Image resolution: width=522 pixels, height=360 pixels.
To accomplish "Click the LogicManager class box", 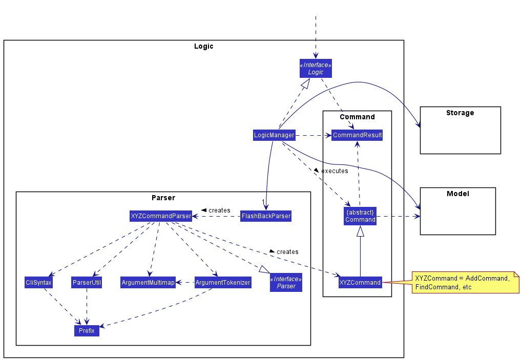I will click(x=274, y=135).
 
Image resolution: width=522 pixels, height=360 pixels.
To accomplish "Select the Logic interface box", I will click(x=316, y=69).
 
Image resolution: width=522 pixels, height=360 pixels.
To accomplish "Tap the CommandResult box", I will click(x=357, y=135).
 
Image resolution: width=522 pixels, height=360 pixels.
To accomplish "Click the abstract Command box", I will click(x=360, y=216).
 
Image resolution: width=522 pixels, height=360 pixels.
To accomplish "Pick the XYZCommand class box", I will click(x=360, y=282).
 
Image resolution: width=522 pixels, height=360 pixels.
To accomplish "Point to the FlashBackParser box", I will click(x=266, y=216).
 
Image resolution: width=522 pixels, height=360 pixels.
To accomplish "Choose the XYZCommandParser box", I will click(x=161, y=216).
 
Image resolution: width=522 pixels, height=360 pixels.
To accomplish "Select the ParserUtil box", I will click(x=87, y=282).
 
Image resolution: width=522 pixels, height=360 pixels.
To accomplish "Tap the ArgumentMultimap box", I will click(x=148, y=282).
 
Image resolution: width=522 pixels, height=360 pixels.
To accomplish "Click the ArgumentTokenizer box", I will click(x=223, y=282).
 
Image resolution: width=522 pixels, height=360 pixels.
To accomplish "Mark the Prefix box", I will click(x=87, y=331).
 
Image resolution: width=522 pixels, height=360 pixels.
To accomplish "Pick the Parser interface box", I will click(x=286, y=282).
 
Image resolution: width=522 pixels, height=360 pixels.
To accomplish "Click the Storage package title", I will click(x=460, y=113).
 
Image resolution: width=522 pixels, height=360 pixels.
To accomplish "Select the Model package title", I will click(x=457, y=194).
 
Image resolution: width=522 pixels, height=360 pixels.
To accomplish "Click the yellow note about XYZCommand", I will click(x=465, y=282).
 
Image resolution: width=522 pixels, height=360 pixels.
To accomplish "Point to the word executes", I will click(x=335, y=171).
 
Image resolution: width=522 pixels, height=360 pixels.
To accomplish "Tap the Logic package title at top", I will click(x=203, y=46).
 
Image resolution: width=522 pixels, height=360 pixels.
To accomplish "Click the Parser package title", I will click(x=163, y=198).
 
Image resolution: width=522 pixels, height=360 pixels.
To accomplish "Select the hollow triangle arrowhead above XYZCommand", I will click(x=360, y=231).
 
